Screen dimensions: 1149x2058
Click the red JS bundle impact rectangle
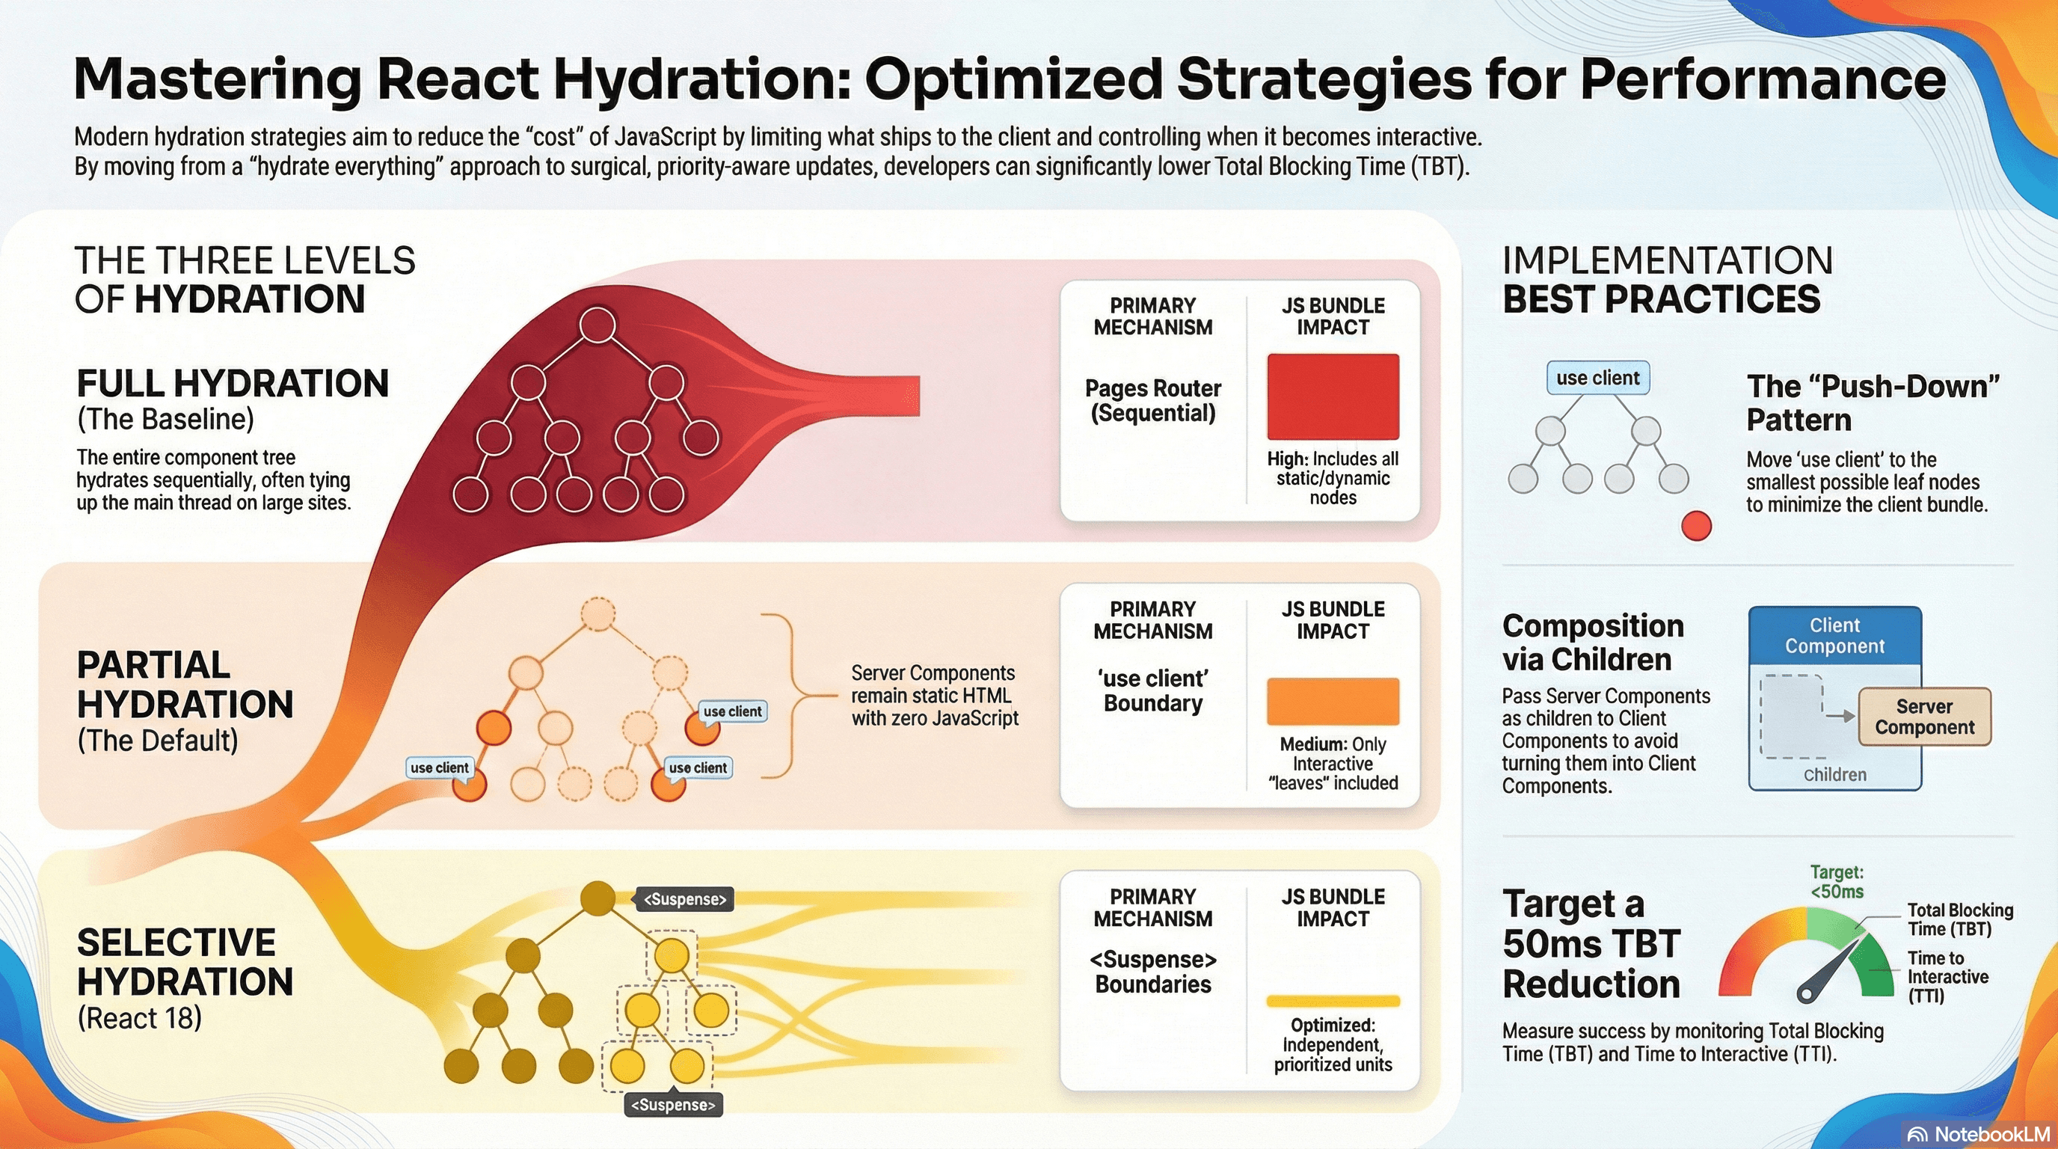[1333, 396]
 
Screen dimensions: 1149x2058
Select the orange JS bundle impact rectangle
[1333, 702]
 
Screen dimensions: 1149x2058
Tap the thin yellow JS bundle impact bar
[1333, 1001]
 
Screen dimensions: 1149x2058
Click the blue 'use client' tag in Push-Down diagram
[1598, 378]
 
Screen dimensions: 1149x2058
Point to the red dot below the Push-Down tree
[1696, 526]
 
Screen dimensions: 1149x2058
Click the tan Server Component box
[1924, 717]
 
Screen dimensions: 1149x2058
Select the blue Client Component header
[1834, 636]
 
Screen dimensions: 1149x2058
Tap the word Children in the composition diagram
[1834, 774]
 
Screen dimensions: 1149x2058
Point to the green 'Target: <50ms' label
[1837, 881]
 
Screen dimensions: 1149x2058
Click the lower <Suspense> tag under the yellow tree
[674, 1105]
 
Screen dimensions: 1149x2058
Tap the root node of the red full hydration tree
[598, 326]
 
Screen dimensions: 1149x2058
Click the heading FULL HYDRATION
[233, 384]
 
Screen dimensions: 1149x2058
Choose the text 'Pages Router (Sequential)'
[1152, 400]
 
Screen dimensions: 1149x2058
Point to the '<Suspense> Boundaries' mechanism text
[1152, 972]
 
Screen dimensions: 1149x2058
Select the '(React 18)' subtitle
[140, 1019]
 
